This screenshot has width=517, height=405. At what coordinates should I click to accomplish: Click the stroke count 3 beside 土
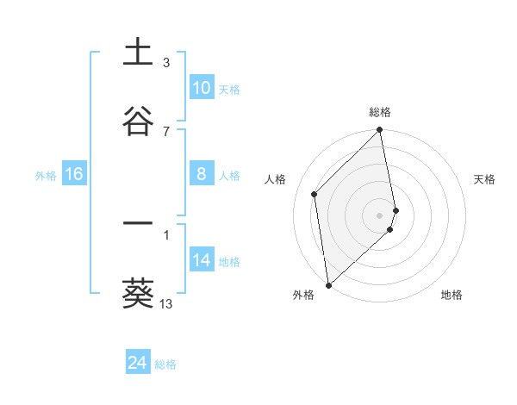coord(166,63)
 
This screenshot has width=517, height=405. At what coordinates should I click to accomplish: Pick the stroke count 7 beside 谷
coord(166,131)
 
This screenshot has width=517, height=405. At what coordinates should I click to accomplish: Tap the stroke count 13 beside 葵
coord(166,304)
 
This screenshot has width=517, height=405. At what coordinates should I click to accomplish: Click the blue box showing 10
coord(202,88)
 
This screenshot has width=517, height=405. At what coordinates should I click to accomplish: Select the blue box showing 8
coord(202,175)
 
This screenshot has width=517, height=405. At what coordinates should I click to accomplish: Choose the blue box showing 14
coord(202,261)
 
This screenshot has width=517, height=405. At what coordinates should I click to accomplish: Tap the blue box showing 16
coord(74,175)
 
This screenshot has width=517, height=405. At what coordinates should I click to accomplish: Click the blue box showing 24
coord(138,364)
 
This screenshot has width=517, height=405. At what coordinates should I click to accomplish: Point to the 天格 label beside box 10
coord(229,89)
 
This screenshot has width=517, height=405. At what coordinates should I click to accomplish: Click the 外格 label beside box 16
coord(46,176)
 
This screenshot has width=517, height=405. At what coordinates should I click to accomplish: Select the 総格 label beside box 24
coord(165,364)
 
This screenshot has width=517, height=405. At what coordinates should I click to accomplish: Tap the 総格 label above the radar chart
coord(380,112)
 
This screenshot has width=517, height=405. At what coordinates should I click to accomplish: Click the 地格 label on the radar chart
coord(452,295)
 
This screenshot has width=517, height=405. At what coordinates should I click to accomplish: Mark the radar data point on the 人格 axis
coord(315,194)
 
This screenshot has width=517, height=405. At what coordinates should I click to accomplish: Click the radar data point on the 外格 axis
coord(328,284)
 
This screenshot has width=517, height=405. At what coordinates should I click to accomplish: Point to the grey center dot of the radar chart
coord(380,215)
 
